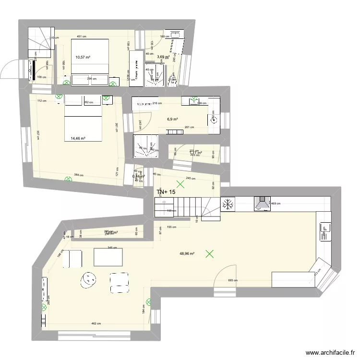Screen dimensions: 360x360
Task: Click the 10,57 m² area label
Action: click(83, 57)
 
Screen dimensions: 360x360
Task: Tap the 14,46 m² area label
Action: click(78, 139)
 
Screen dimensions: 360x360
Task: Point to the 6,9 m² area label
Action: click(172, 120)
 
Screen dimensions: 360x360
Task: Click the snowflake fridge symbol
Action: click(228, 204)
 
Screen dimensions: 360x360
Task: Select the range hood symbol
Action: click(262, 204)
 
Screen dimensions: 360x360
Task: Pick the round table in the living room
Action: click(89, 280)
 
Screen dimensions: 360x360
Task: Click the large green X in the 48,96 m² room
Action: click(209, 253)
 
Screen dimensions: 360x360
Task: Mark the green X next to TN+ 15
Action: click(180, 183)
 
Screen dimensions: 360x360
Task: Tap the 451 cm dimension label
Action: click(82, 36)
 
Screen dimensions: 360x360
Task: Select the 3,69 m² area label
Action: click(163, 57)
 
